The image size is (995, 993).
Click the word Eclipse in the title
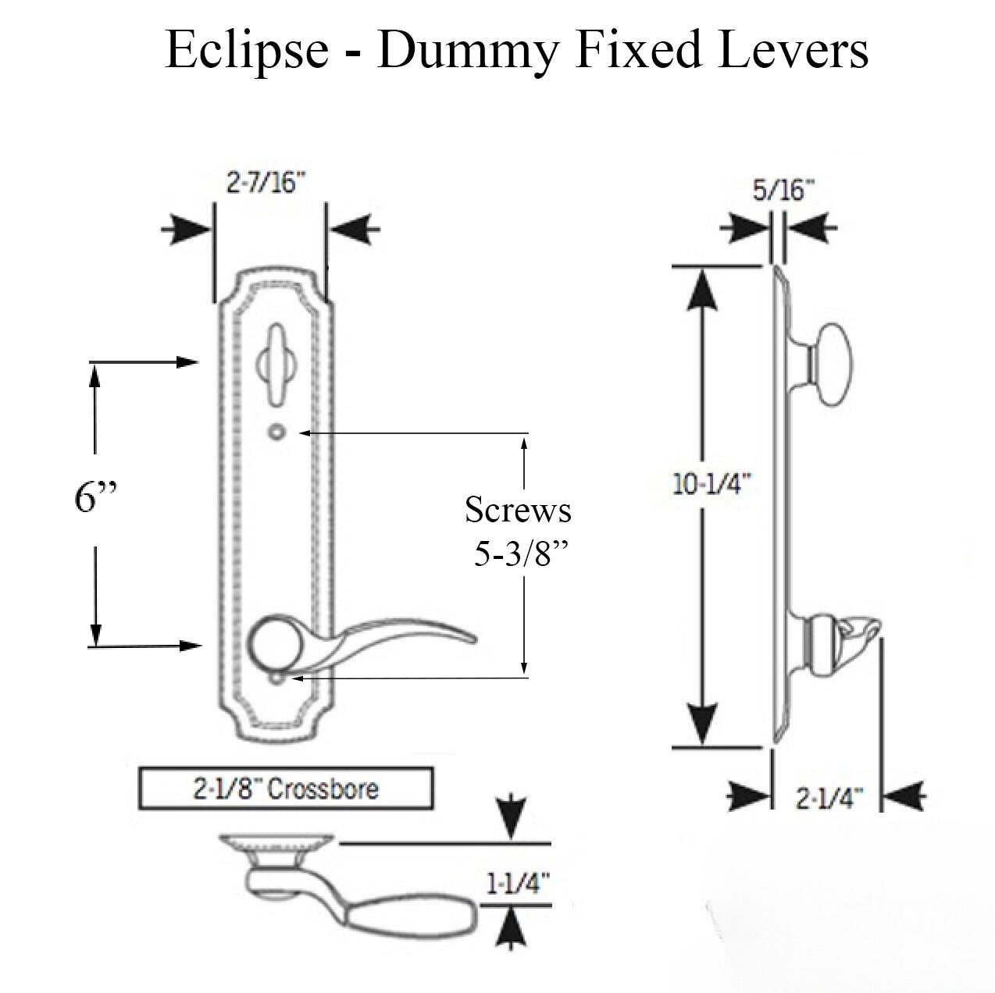(247, 51)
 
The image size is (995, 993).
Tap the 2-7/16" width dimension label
(266, 187)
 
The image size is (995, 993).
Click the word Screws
(518, 511)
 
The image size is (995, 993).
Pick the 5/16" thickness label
(784, 190)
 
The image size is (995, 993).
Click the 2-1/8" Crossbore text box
(285, 788)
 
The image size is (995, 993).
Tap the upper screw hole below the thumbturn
(274, 432)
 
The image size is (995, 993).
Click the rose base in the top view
(277, 844)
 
